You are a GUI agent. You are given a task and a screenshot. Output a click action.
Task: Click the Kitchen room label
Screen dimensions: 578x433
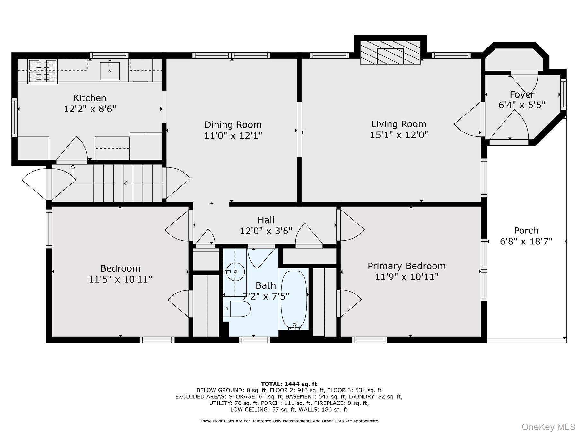pos(90,98)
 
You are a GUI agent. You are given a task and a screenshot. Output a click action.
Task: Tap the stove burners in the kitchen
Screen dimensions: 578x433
pos(43,71)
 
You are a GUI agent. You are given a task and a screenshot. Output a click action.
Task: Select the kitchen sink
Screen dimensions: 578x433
pos(109,71)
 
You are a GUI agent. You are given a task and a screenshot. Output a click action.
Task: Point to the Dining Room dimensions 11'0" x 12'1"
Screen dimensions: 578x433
pos(233,135)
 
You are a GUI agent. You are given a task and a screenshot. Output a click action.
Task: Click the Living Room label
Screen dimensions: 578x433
pos(399,124)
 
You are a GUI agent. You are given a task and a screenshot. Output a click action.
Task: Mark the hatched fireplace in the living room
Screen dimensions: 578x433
pos(390,53)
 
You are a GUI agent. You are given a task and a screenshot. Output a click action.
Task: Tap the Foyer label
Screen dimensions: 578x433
pos(522,95)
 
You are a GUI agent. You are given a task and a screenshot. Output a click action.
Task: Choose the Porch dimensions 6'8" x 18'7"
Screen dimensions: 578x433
pos(526,241)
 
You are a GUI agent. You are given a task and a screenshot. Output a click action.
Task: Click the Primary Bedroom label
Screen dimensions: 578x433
pos(407,266)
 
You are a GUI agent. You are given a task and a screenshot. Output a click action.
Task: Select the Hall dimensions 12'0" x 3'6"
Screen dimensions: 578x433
pos(266,231)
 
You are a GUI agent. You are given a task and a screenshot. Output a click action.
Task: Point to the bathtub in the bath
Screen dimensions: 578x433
pos(294,300)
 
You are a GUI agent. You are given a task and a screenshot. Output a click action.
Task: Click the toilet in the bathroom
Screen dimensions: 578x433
pos(237,309)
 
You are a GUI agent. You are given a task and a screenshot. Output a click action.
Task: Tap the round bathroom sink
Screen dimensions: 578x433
pos(235,272)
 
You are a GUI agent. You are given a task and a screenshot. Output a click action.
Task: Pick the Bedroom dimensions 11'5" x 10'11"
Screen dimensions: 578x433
pos(120,279)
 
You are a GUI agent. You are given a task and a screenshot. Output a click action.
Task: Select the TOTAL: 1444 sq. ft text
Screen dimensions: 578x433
pos(289,384)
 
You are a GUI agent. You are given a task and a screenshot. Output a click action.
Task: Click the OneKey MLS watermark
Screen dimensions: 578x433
pos(548,427)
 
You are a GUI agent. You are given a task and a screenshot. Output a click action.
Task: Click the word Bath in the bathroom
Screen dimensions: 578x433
pos(266,285)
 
